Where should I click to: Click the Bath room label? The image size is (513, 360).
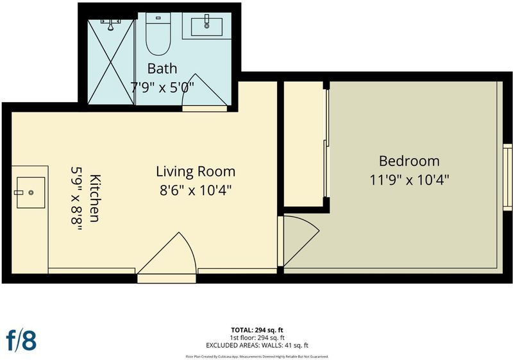point(162,69)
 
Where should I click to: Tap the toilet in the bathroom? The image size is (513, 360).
point(158,34)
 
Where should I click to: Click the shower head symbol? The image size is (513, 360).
point(111,25)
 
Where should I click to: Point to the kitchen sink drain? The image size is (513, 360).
point(31,193)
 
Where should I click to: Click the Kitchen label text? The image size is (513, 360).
point(95,198)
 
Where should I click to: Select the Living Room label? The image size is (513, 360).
point(196,171)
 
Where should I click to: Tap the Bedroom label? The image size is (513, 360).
point(409,161)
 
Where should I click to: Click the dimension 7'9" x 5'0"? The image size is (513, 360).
point(162,87)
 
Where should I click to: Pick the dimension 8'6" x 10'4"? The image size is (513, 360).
point(196,190)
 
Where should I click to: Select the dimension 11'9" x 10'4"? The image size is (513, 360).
point(409,180)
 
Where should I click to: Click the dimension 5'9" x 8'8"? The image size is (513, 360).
point(76,199)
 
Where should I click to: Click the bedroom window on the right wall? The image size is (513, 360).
point(508,176)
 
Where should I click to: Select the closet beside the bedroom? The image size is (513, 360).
point(303,144)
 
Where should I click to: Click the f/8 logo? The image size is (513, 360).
point(21,341)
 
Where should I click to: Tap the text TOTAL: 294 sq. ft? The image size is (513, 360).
point(257,330)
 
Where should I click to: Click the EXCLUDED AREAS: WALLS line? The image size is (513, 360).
point(257,345)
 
